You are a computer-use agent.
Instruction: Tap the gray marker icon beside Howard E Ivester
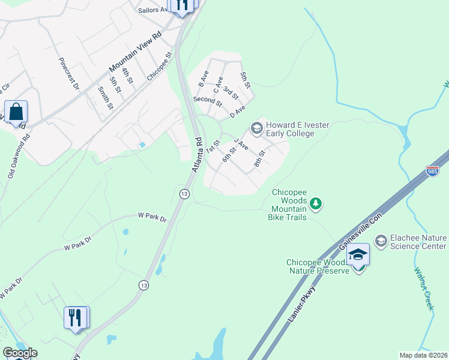(256, 128)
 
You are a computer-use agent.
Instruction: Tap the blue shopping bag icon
(16, 112)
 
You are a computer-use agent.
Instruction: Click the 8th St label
(259, 158)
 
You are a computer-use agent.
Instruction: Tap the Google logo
(20, 353)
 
